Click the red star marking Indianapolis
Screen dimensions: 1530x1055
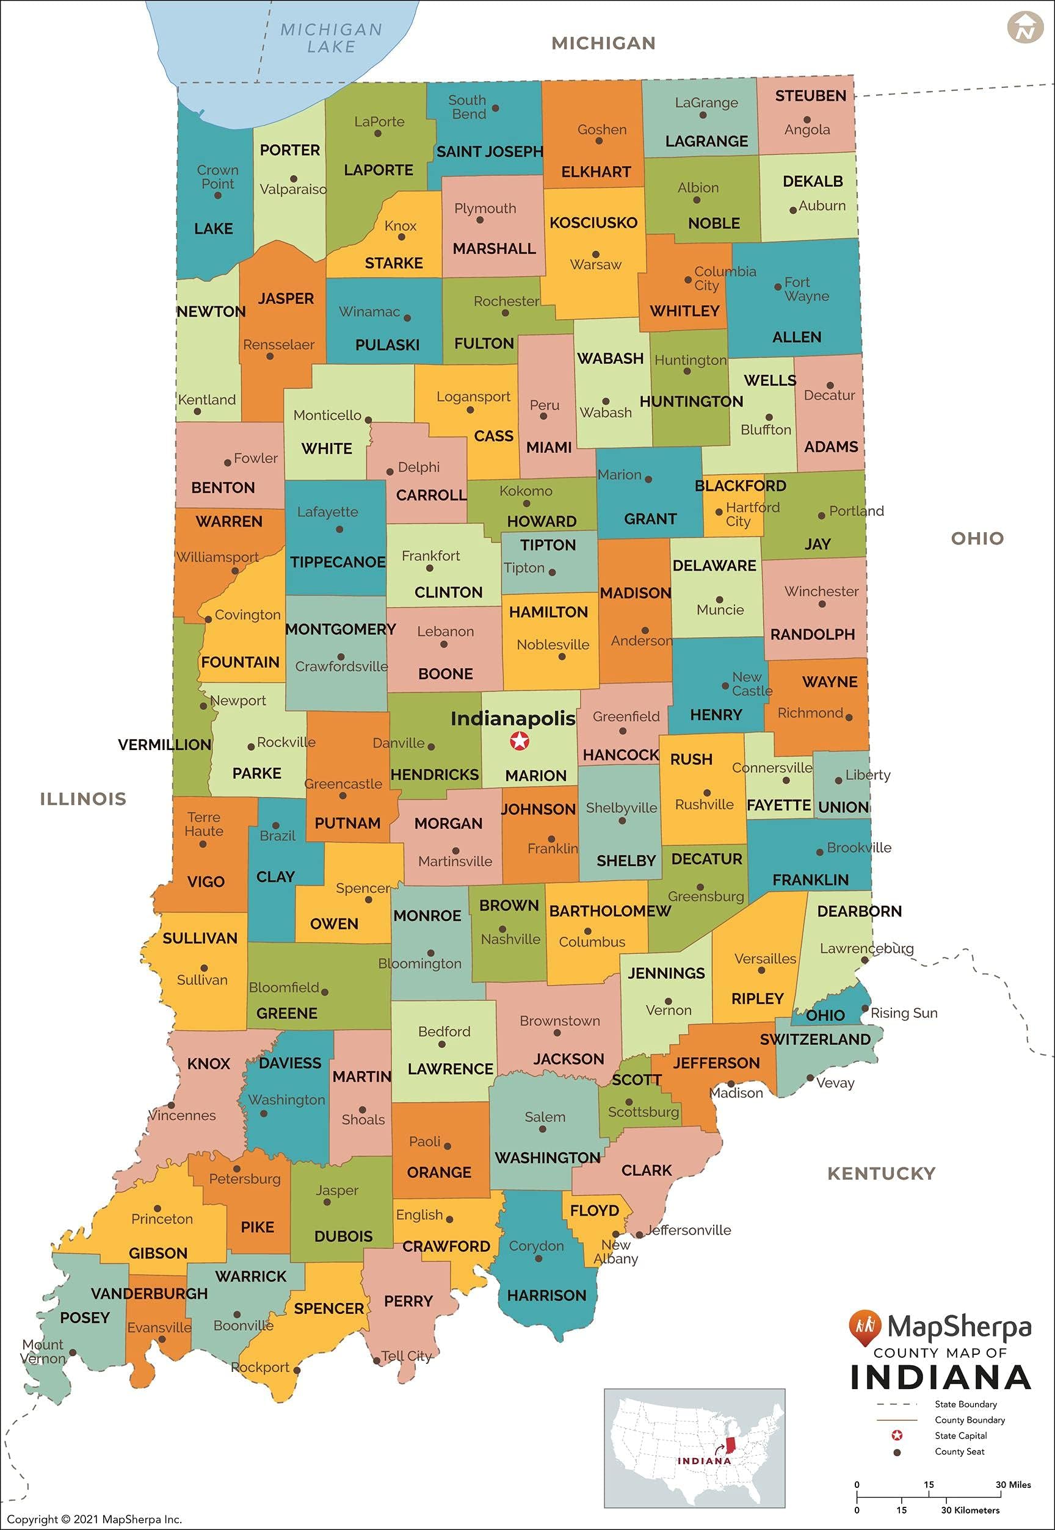point(520,742)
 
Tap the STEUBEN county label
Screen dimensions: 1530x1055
point(810,96)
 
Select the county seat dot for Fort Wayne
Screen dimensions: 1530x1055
point(778,287)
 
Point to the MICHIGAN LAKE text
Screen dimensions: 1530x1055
point(331,38)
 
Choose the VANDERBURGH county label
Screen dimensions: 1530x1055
point(150,1293)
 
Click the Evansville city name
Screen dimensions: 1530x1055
point(159,1327)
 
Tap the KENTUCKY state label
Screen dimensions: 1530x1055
point(881,1173)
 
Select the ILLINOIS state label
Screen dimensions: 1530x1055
point(83,799)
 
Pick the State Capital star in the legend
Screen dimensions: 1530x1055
point(897,1435)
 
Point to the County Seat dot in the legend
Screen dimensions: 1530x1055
point(897,1452)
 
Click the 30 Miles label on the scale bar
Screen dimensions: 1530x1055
point(1013,1484)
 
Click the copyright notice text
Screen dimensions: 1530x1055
point(94,1520)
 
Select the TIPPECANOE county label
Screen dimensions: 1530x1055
point(338,562)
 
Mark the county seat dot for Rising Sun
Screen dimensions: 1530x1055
point(865,1009)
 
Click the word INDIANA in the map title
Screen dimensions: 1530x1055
point(941,1378)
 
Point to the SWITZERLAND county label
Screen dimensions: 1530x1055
point(815,1039)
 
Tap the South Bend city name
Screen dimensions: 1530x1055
point(467,107)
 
